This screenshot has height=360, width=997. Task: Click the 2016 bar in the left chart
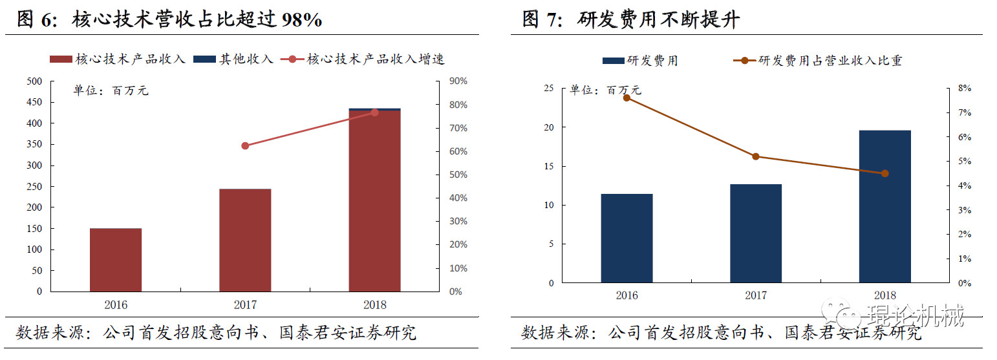point(116,260)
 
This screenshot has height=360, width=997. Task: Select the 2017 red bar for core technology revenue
point(245,240)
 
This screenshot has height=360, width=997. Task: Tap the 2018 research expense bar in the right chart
point(884,206)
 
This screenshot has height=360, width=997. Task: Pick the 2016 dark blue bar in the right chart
point(627,238)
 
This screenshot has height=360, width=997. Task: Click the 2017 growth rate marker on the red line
point(245,146)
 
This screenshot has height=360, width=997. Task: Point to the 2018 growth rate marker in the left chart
point(374,112)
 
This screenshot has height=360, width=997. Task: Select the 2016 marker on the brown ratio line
point(627,98)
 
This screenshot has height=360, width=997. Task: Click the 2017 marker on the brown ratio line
point(756,156)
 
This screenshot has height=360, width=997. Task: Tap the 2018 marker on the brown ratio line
point(884,173)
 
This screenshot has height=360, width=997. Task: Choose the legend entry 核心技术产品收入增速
point(376,59)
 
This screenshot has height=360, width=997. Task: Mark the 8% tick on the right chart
point(964,89)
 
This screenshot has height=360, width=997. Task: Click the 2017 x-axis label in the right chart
point(756,296)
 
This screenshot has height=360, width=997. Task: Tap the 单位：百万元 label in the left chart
point(110,91)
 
